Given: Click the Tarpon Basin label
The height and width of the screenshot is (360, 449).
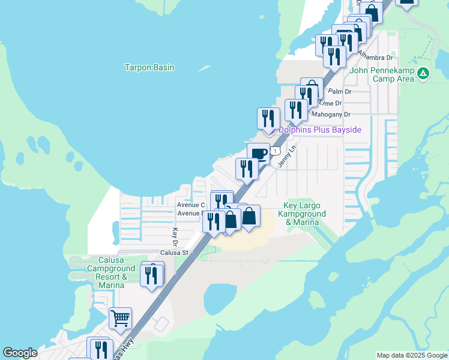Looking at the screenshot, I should tap(149, 67).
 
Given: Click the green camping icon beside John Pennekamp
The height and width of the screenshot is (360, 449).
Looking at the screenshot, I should tap(424, 73).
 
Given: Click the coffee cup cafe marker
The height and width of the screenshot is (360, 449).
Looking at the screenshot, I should tap(258, 154).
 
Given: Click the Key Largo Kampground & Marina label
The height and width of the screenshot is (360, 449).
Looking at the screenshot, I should tap(304, 214).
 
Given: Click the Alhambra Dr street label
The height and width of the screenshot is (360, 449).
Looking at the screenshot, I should tap(375, 58).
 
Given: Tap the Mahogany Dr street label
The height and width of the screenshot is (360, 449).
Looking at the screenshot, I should tap(330, 114).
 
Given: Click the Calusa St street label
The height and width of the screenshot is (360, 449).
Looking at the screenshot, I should tap(175, 253).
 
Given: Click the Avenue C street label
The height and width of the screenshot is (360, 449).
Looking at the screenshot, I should tap(191, 205).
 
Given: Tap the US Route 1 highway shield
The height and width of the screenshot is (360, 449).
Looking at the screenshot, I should tap(274, 151).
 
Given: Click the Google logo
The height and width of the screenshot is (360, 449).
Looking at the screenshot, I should tap(20, 353).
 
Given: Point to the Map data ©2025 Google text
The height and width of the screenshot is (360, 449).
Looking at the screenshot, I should tap(412, 355).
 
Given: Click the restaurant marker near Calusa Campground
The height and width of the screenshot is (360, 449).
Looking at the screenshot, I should tap(152, 275).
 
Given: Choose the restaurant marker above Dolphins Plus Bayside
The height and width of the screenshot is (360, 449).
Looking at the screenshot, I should tap(268, 119).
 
